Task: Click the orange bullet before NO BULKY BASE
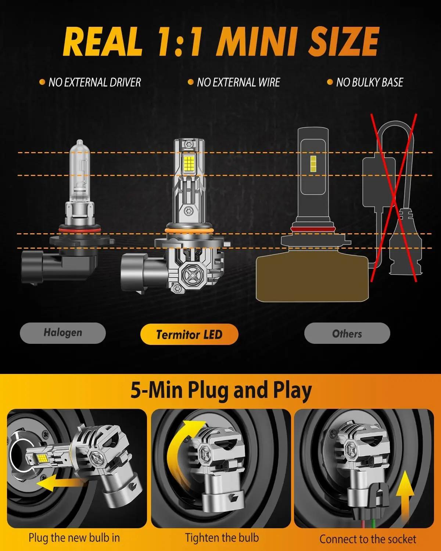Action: tap(330, 82)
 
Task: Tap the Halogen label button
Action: tap(63, 333)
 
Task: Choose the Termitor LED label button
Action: tap(189, 334)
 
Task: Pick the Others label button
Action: tap(347, 333)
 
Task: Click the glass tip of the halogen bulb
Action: tap(80, 143)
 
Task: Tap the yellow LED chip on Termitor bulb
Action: tap(189, 163)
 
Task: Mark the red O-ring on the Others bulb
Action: tap(313, 228)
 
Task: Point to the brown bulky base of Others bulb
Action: tap(312, 278)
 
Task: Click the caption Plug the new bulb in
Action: tap(74, 537)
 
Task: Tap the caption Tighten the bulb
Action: tap(222, 537)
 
